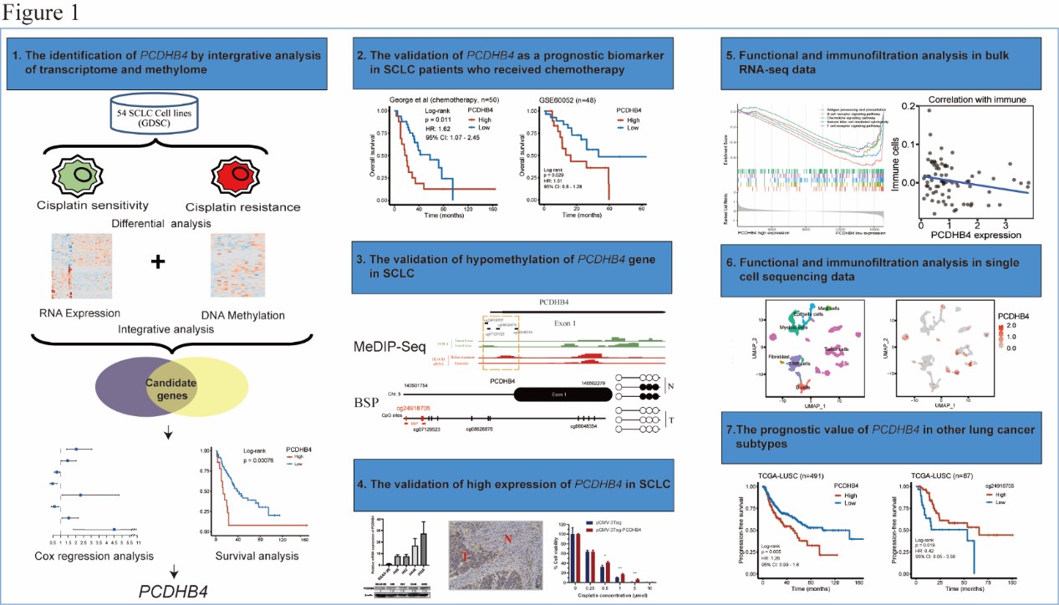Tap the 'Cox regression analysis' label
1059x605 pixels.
point(86,556)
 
